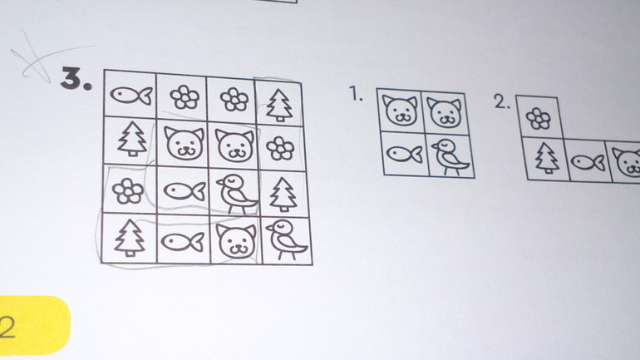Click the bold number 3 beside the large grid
76,78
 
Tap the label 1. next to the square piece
357,94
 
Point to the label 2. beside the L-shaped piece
502,101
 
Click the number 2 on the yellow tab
7,327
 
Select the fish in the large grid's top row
131,96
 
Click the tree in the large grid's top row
279,106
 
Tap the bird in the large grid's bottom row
287,239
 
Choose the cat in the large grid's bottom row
236,241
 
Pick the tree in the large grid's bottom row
130,238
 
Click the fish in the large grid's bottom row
183,242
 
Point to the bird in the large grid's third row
237,195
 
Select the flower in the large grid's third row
128,191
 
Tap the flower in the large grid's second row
280,148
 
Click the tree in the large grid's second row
132,139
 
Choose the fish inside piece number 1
404,155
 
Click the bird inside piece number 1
450,157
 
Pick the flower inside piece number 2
539,118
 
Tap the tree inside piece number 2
547,158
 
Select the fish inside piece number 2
588,162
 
